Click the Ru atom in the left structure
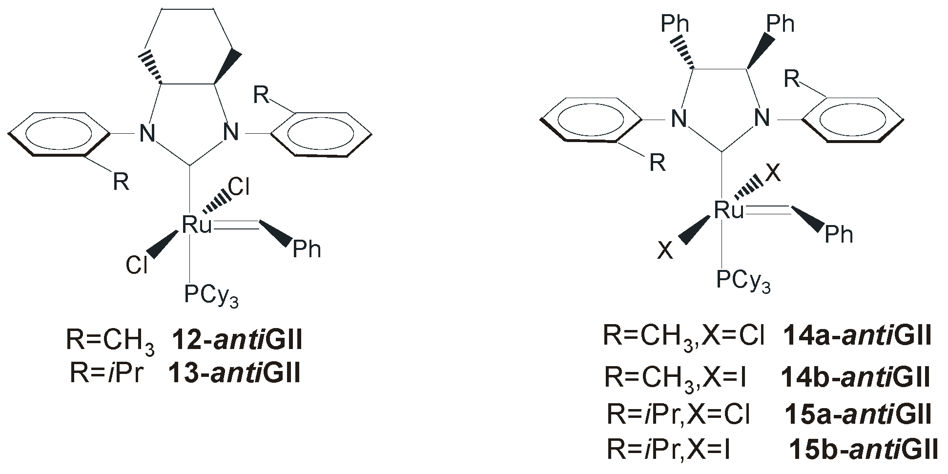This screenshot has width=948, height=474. pyautogui.click(x=197, y=225)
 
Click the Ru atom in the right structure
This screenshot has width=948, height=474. pyautogui.click(x=729, y=210)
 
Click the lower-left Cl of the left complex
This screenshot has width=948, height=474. pyautogui.click(x=137, y=266)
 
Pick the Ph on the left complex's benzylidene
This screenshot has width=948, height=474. pyautogui.click(x=307, y=249)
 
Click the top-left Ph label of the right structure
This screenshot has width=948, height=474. pyautogui.click(x=675, y=24)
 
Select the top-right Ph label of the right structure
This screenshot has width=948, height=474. pyautogui.click(x=780, y=23)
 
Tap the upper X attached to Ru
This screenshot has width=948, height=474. pyautogui.click(x=773, y=173)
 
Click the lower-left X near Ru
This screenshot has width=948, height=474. pyautogui.click(x=665, y=251)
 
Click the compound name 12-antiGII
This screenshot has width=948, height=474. pyautogui.click(x=237, y=340)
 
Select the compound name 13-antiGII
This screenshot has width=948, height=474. pyautogui.click(x=234, y=373)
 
